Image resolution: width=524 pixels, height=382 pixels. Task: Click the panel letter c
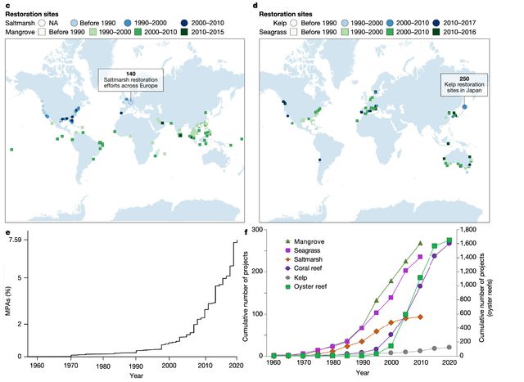[8, 6]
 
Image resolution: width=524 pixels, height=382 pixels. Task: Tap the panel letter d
[261, 6]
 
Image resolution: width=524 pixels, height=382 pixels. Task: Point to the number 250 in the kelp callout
[463, 79]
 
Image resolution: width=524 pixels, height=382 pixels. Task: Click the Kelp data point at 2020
[449, 348]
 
